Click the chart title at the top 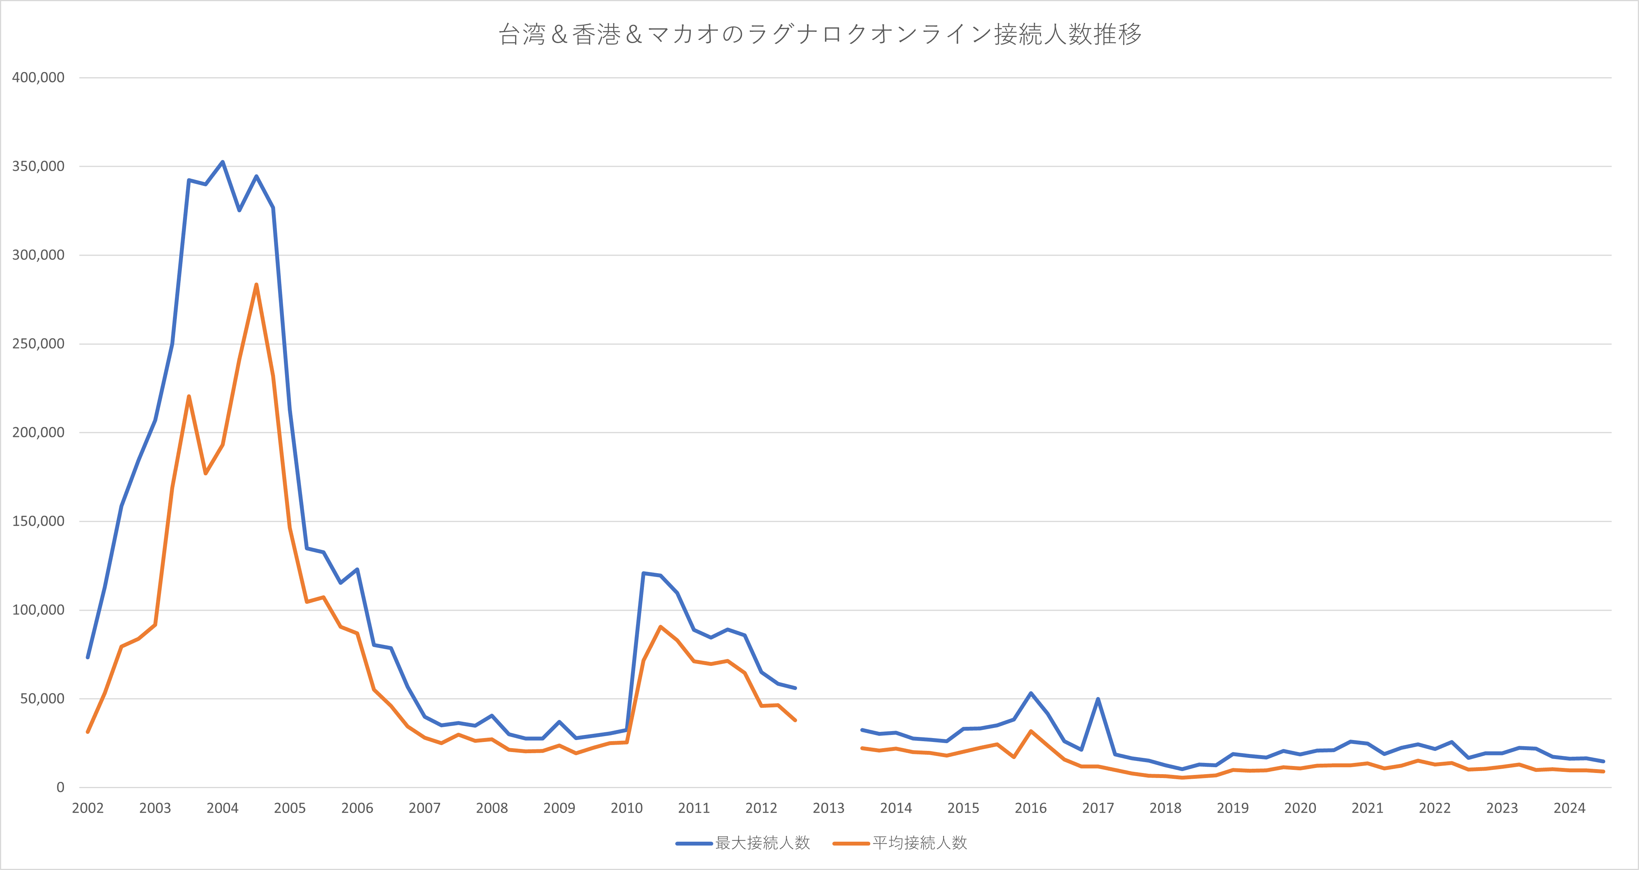coord(819,35)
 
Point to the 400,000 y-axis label coord(38,78)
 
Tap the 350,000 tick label coord(38,166)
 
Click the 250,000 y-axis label coord(38,344)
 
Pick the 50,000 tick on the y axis coord(42,699)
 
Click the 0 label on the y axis coord(61,787)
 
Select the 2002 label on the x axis coord(88,808)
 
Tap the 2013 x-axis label coord(828,808)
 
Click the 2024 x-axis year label coord(1569,808)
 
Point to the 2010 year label coord(627,808)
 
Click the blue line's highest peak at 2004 coord(223,162)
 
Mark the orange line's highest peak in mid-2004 coord(256,284)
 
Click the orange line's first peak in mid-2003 coord(189,397)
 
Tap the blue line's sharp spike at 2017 coord(1098,699)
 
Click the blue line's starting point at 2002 coord(88,657)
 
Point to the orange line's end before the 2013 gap coord(795,721)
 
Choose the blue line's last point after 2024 coord(1603,761)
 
